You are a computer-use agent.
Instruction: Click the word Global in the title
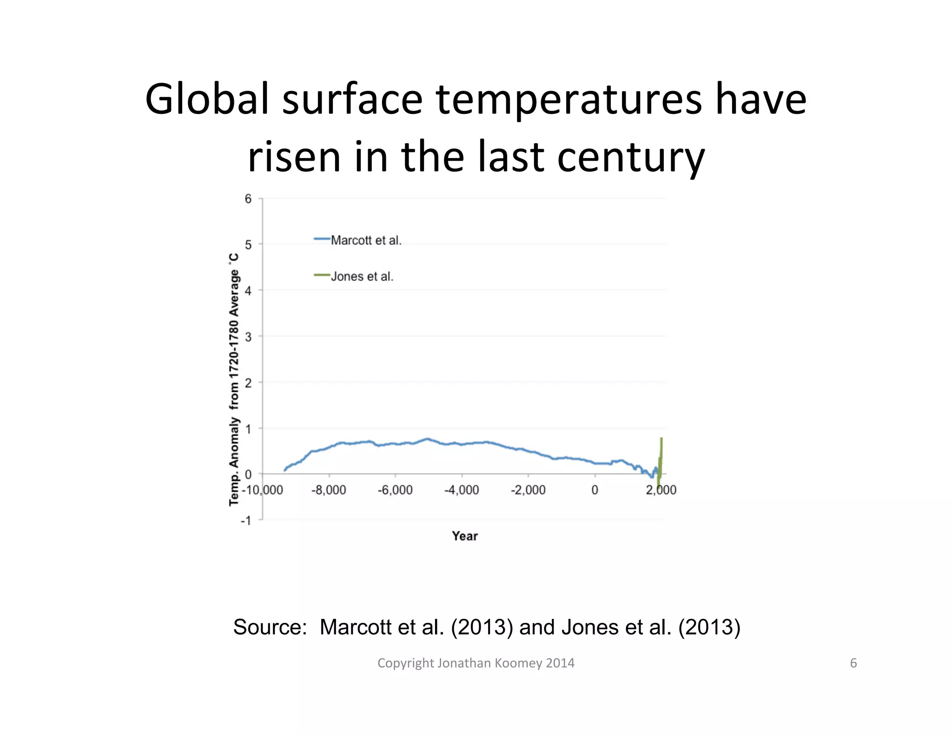(207, 99)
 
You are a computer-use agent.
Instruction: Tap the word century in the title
(631, 157)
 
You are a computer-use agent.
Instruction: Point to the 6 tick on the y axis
(248, 199)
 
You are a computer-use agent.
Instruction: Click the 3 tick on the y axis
(248, 336)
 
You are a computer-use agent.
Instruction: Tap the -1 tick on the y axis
(246, 520)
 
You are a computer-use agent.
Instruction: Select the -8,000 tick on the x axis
(329, 490)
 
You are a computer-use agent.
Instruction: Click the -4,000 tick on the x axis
(462, 490)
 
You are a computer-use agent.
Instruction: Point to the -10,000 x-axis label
(262, 490)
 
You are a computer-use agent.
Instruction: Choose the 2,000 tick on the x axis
(661, 490)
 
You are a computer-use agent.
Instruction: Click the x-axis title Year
(464, 536)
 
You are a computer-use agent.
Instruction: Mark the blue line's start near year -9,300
(285, 470)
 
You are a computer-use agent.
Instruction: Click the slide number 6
(853, 663)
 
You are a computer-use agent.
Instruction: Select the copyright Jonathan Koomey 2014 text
(476, 663)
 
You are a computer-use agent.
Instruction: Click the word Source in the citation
(269, 627)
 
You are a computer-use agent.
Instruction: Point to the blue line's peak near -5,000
(427, 439)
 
